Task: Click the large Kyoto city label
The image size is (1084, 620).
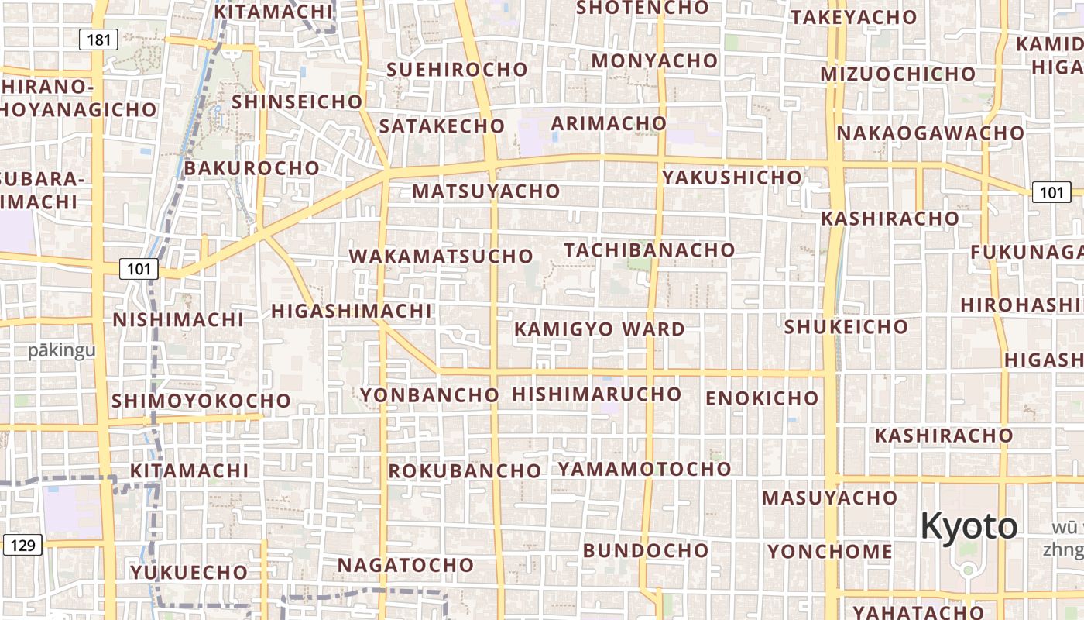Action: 968,527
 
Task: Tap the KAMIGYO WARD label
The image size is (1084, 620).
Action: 599,329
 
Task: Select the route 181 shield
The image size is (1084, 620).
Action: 99,40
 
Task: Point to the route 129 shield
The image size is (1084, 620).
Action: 22,545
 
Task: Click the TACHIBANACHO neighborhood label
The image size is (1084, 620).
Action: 649,250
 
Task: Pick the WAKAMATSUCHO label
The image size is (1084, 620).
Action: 441,256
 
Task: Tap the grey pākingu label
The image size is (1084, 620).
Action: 62,350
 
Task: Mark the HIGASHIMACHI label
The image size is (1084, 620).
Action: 351,311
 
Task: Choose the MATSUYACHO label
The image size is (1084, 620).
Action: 485,191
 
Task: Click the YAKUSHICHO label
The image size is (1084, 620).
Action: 732,177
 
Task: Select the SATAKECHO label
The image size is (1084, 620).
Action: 441,126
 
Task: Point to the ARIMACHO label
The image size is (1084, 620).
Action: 608,123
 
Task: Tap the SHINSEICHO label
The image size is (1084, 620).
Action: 297,102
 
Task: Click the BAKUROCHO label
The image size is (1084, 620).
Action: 252,168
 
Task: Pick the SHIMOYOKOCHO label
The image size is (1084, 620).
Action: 201,401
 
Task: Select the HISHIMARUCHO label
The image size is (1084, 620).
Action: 596,394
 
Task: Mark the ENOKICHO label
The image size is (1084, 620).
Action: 762,398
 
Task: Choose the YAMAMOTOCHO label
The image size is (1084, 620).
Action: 644,469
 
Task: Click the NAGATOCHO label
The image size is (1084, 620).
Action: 405,566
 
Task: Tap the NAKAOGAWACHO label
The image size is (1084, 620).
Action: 930,133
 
